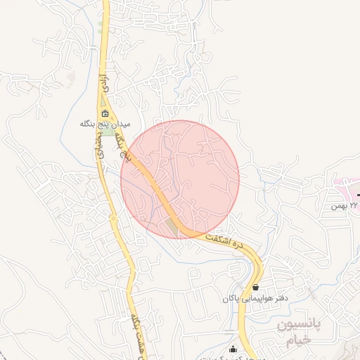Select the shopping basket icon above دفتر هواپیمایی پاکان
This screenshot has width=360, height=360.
point(255,288)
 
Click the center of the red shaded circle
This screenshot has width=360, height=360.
point(180,179)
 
